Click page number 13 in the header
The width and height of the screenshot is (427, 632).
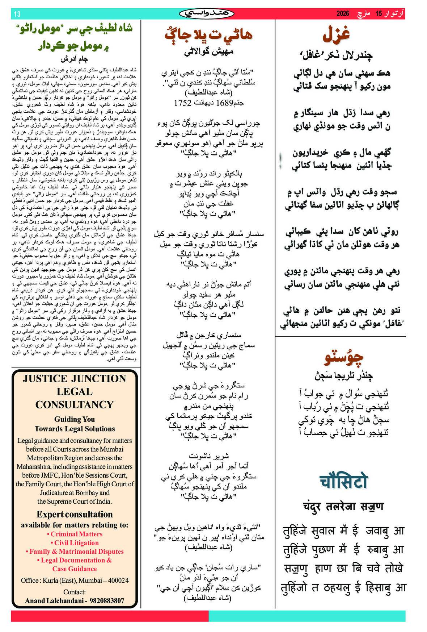pyautogui.click(x=17, y=14)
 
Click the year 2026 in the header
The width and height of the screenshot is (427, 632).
pyautogui.click(x=343, y=14)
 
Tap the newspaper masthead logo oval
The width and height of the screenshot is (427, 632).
pyautogui.click(x=207, y=14)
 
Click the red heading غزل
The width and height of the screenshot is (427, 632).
pyautogui.click(x=336, y=34)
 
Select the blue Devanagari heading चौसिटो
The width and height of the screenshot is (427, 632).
pyautogui.click(x=343, y=481)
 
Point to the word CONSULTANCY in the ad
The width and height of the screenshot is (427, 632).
pyautogui.click(x=75, y=404)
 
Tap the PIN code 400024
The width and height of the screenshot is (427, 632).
pyautogui.click(x=117, y=581)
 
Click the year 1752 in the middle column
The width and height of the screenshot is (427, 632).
pyautogui.click(x=182, y=103)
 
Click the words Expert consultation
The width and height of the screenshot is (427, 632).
pyautogui.click(x=75, y=515)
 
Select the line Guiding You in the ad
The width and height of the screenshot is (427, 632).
pyautogui.click(x=75, y=419)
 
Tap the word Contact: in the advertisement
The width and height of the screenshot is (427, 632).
pyautogui.click(x=75, y=592)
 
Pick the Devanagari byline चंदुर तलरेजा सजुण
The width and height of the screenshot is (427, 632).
pyautogui.click(x=343, y=507)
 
